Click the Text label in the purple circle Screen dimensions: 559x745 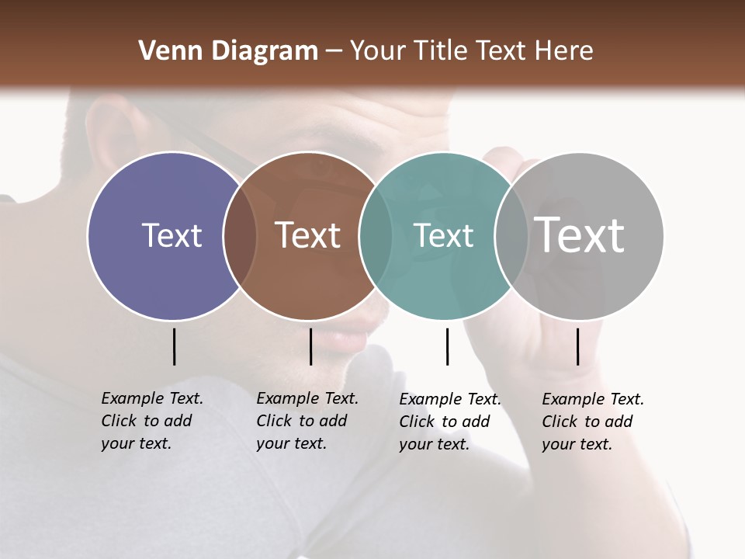coord(172,235)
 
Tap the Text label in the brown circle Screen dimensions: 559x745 coord(308,235)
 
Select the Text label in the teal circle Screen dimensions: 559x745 coord(444,235)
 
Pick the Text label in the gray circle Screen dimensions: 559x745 coord(580,234)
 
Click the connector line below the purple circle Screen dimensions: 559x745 coord(174,346)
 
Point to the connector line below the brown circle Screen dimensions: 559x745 coord(310,346)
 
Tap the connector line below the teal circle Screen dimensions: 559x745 coord(447,346)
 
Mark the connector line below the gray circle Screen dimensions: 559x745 coord(577,346)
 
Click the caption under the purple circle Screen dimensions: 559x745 coord(151,421)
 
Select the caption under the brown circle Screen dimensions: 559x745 coord(307,421)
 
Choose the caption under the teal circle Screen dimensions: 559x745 coord(449,422)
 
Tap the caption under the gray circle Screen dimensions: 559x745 coord(592,422)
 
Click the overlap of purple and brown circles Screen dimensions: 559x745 coord(240,235)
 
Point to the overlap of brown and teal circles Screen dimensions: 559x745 coord(376,235)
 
